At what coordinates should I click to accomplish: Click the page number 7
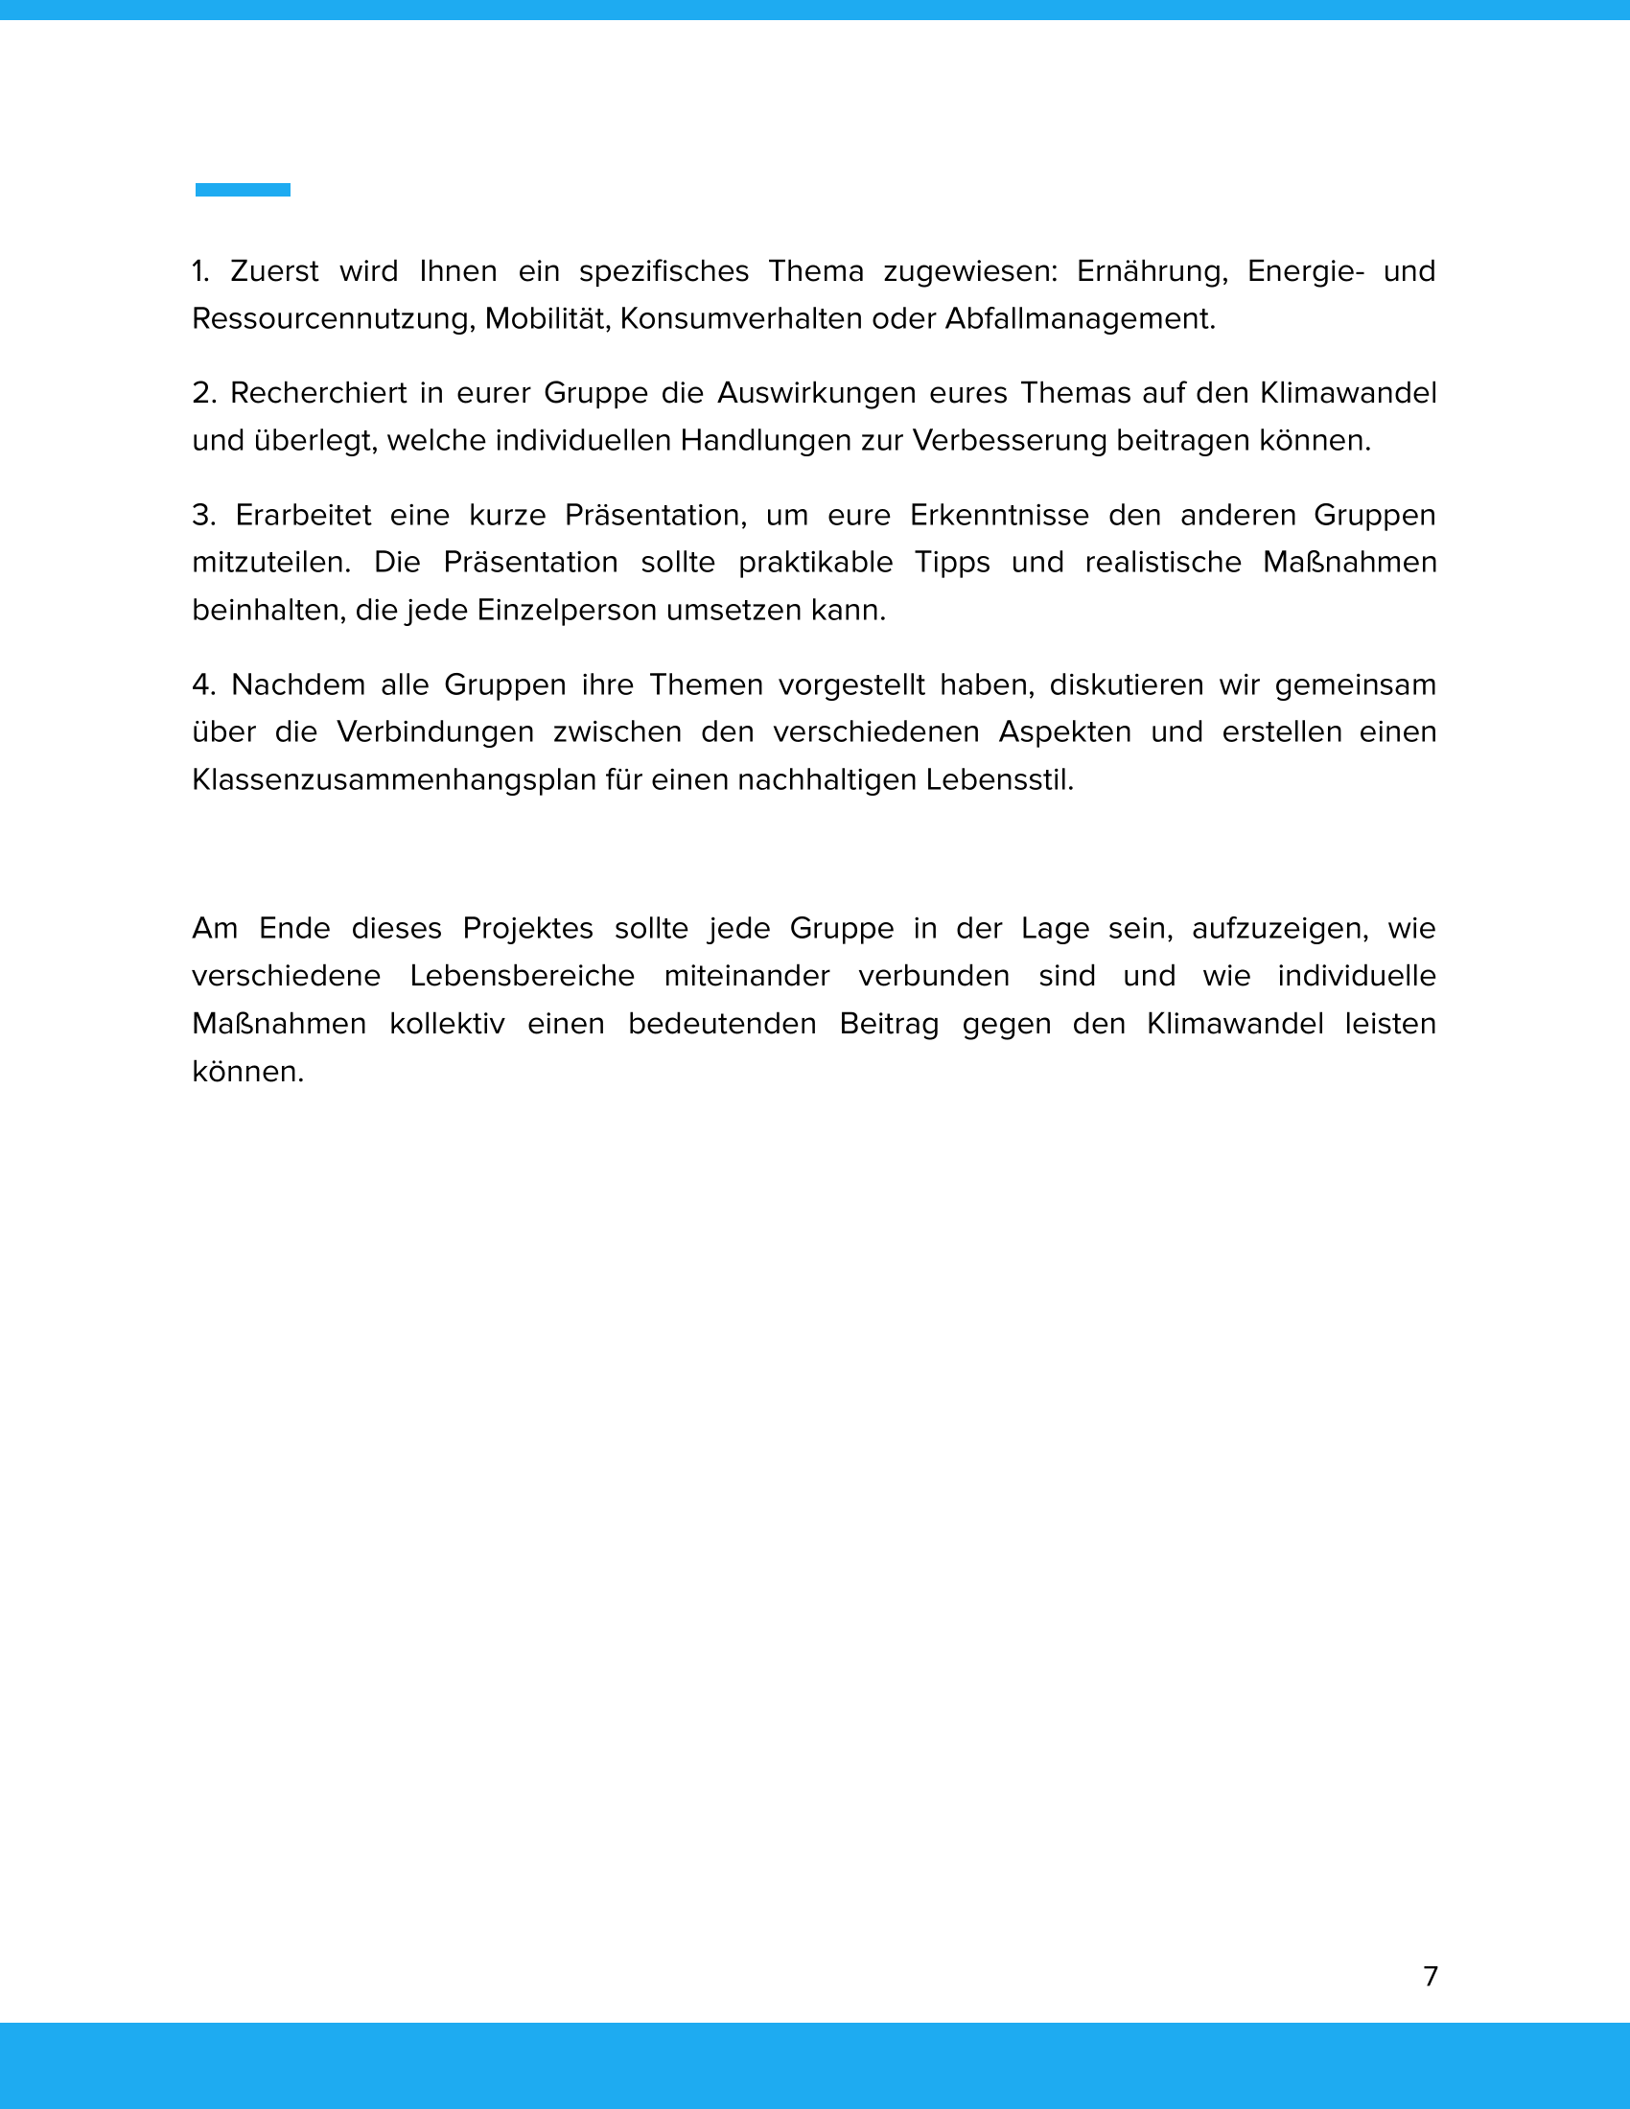[1431, 1976]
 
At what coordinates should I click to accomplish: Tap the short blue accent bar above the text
[243, 189]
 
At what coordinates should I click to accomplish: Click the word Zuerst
[274, 271]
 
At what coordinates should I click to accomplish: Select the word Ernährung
[1151, 271]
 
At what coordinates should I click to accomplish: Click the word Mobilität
[547, 318]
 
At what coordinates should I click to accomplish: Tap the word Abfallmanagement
[1080, 318]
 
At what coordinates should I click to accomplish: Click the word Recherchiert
[318, 393]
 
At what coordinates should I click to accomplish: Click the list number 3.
[202, 515]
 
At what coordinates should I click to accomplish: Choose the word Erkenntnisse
[998, 515]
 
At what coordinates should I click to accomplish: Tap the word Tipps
[952, 562]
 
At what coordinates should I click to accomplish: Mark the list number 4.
[202, 684]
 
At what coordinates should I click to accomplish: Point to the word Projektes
[528, 928]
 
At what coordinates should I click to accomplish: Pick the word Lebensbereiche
[522, 975]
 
